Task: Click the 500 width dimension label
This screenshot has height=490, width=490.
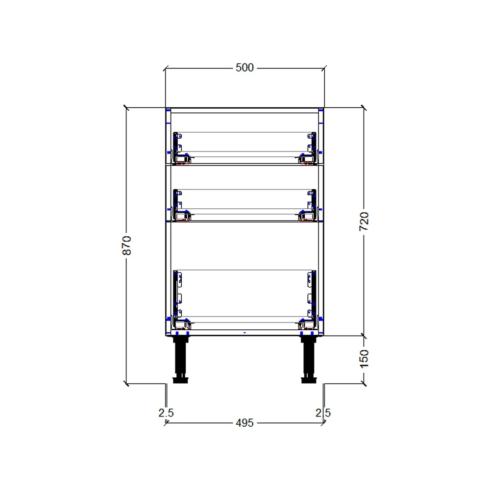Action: [x=245, y=68]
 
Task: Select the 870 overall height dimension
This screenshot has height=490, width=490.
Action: [x=126, y=245]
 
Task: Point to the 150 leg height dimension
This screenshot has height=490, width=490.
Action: [x=364, y=359]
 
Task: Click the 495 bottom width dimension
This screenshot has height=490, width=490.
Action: [x=245, y=422]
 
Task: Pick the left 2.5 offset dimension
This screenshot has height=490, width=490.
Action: [x=166, y=413]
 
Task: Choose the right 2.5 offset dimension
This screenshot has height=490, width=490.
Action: [x=323, y=413]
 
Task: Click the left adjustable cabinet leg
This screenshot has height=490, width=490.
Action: [x=181, y=358]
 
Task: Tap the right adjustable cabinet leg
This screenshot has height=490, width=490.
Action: [x=309, y=358]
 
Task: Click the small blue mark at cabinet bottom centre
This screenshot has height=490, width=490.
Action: [x=245, y=332]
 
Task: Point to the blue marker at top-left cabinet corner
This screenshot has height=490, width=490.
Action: [x=168, y=111]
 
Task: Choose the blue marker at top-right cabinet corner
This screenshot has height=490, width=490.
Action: [x=321, y=111]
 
